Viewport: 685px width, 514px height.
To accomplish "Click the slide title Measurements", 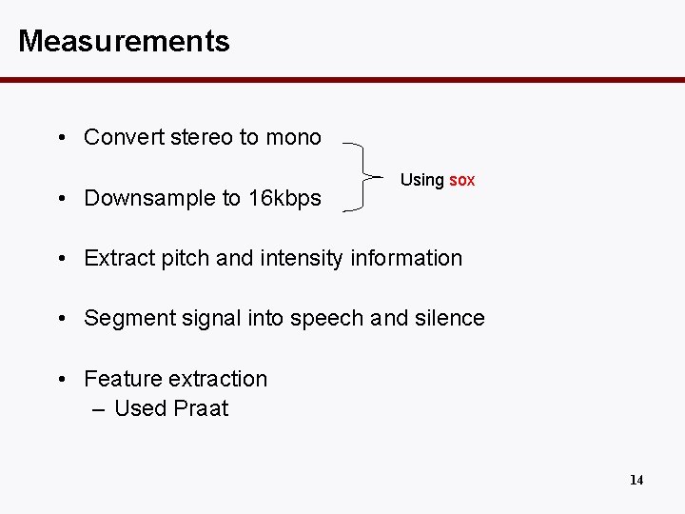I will (124, 41).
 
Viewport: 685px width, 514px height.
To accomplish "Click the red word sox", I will (461, 180).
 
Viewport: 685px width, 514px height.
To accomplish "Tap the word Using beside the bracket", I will (421, 180).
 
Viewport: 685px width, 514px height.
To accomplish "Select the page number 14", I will (636, 480).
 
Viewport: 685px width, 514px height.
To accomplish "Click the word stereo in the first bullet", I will (202, 137).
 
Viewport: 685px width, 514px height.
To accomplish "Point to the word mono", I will (293, 137).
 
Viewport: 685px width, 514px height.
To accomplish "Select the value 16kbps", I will (284, 198).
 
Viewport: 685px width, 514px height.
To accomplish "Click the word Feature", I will (122, 379).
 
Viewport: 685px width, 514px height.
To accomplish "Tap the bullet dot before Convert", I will (60, 138).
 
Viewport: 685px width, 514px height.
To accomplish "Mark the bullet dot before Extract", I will (60, 259).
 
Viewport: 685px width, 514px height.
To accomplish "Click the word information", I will (406, 258).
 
